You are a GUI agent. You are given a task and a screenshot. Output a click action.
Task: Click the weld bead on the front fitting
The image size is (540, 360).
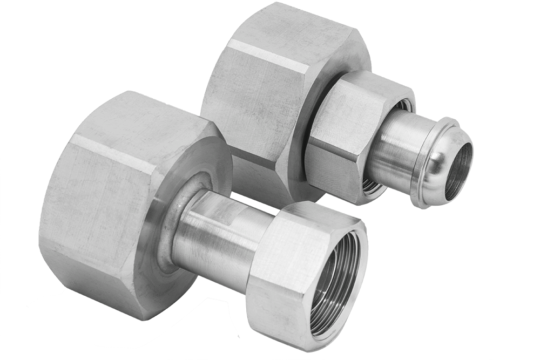172,227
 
